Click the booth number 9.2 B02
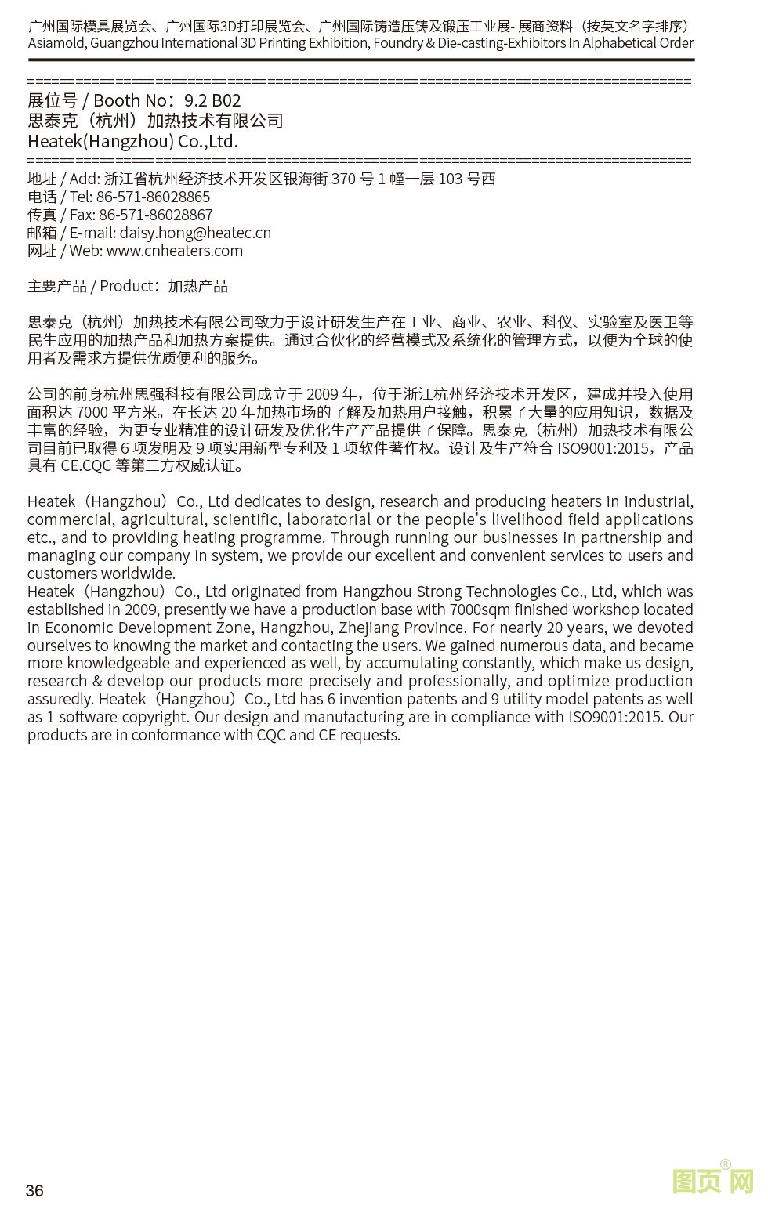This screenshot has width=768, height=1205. (x=212, y=100)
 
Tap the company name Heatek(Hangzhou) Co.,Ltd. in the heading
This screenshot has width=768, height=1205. (x=132, y=142)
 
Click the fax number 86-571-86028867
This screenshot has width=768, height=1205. (x=155, y=215)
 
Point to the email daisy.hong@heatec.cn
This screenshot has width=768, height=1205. (x=195, y=233)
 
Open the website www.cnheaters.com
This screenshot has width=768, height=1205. (x=175, y=251)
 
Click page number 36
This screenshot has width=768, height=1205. (x=34, y=1190)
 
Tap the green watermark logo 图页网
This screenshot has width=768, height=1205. (x=712, y=1181)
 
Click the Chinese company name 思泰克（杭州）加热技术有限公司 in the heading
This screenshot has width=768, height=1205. (x=155, y=121)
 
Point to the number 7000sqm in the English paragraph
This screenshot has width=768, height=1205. (x=481, y=610)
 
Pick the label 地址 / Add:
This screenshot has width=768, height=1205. (x=63, y=179)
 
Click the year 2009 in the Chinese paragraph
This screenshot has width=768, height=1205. (x=323, y=394)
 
